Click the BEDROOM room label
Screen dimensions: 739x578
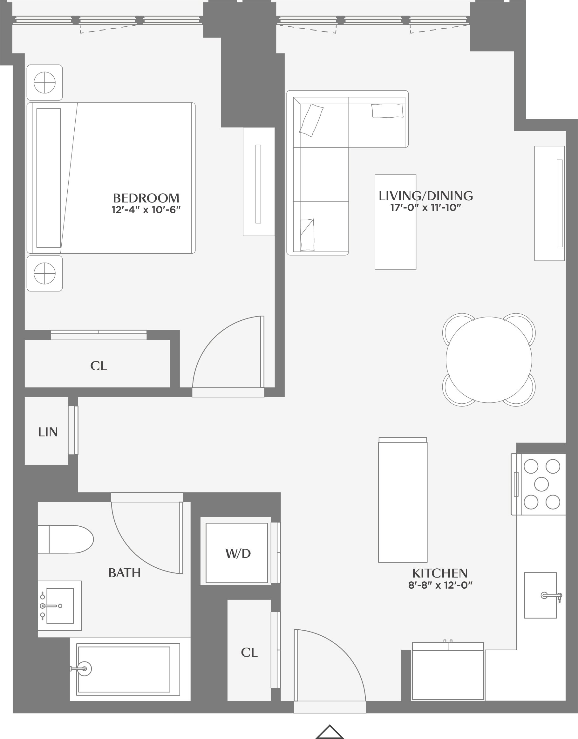[146, 198]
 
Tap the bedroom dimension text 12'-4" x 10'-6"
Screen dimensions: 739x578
[146, 210]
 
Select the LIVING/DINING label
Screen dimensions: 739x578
[425, 196]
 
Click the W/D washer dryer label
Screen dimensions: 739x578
[238, 553]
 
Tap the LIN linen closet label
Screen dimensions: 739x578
[48, 432]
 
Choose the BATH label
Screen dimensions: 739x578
[124, 573]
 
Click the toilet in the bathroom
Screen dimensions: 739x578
[66, 539]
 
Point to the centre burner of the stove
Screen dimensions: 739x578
[541, 484]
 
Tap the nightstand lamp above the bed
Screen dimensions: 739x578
[45, 82]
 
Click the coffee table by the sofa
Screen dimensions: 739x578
[395, 222]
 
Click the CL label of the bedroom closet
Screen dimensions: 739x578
[99, 366]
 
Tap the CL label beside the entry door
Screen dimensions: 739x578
[249, 653]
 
